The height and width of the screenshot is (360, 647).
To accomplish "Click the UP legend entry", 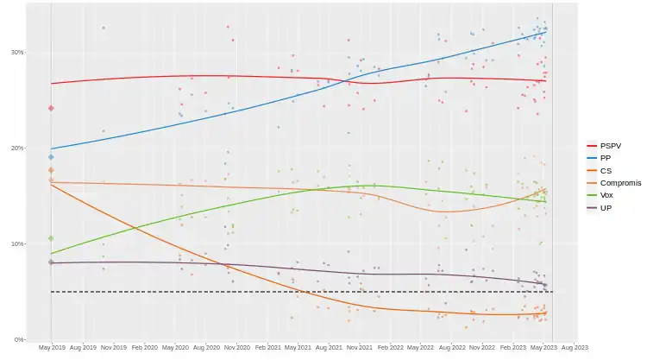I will pyautogui.click(x=606, y=208).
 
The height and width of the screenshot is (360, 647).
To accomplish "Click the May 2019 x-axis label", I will pyautogui.click(x=52, y=347).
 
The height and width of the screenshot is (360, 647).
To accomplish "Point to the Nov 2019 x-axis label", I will pyautogui.click(x=113, y=347).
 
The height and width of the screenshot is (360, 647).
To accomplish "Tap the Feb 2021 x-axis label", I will pyautogui.click(x=267, y=347).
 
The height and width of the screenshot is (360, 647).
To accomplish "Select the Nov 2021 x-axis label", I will pyautogui.click(x=360, y=347).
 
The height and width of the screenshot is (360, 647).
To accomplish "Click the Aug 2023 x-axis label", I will pyautogui.click(x=575, y=347).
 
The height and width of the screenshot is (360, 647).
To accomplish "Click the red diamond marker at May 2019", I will pyautogui.click(x=51, y=108).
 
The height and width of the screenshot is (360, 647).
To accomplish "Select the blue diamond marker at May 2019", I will pyautogui.click(x=51, y=157).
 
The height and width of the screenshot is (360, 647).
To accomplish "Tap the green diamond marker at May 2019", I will pyautogui.click(x=51, y=238).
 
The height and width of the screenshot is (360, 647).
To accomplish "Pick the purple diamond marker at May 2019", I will pyautogui.click(x=51, y=262).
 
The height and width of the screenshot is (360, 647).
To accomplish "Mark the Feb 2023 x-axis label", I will pyautogui.click(x=513, y=347).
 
